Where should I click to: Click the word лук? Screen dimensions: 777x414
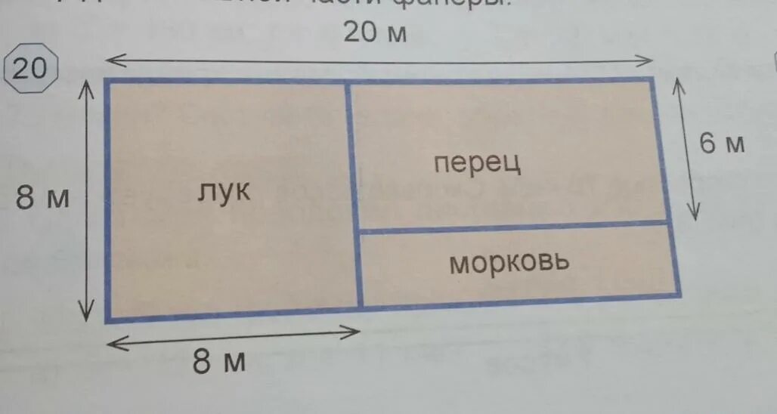[224, 191]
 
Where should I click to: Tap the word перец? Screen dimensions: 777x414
[478, 162]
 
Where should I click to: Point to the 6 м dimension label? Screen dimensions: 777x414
[721, 143]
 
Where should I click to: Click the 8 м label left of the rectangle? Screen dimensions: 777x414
[42, 198]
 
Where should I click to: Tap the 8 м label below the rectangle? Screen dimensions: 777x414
[219, 362]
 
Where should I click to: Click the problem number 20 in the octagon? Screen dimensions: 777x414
[29, 70]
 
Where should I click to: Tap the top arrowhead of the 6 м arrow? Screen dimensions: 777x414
[678, 84]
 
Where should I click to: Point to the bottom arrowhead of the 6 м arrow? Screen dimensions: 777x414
[695, 215]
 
